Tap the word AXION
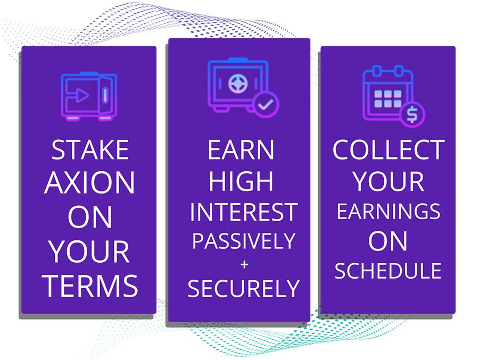(x=89, y=182)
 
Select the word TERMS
(x=90, y=286)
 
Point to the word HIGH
(x=241, y=181)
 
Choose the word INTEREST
(x=243, y=212)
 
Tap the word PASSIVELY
(x=243, y=240)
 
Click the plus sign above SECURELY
(x=244, y=264)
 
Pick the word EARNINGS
(x=389, y=211)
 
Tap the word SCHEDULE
(x=388, y=271)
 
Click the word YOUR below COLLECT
(x=389, y=181)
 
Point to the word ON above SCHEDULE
(x=388, y=241)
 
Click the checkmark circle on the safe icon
(x=266, y=104)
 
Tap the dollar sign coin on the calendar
(x=412, y=114)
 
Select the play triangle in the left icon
(x=81, y=95)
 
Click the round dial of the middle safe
(x=237, y=83)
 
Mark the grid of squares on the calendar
(x=388, y=98)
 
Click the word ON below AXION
(x=89, y=216)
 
